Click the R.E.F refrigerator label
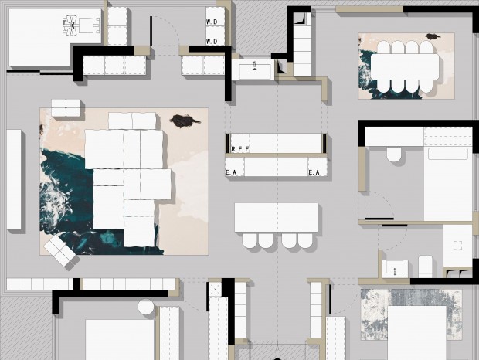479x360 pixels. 240,149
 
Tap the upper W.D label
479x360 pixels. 212,22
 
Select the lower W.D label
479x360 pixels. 212,41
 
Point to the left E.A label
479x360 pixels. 231,172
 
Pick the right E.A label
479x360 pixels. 314,172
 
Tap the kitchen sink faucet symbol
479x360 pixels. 255,66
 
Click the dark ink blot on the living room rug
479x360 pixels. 184,121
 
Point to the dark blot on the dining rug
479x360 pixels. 433,36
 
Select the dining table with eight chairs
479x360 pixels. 405,67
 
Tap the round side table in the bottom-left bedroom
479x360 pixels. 146,307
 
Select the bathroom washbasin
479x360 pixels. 395,269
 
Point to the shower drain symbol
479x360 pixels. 457,246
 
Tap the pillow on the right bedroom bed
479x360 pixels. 448,154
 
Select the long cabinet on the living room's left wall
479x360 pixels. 14,179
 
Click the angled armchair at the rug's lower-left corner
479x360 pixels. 60,251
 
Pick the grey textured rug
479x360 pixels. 411,315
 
